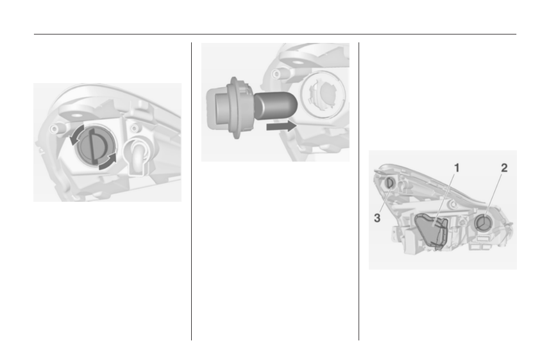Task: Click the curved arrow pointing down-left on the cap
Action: coord(76,135)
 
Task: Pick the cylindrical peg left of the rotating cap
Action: coord(56,129)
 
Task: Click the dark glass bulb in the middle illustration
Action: coord(275,106)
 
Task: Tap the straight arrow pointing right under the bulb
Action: coord(281,126)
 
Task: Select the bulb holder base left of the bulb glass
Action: coord(229,108)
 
